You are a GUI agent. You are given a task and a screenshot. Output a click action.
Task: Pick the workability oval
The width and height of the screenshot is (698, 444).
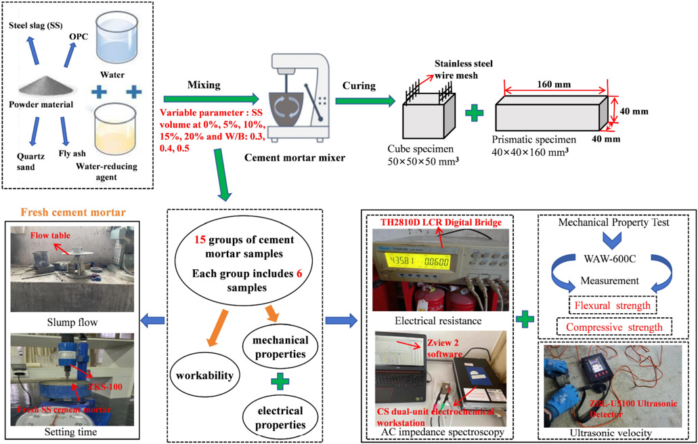(x=201, y=375)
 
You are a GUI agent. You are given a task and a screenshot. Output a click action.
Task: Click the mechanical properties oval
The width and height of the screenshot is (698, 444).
(x=276, y=346)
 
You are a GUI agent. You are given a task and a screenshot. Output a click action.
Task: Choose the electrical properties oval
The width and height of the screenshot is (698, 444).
(x=276, y=416)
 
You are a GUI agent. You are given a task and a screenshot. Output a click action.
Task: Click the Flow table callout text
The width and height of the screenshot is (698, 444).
(x=51, y=236)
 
